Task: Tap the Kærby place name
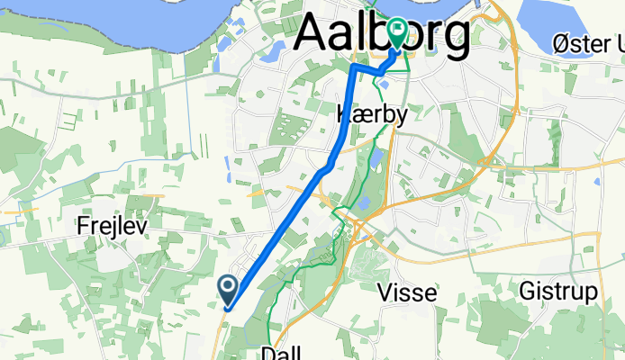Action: [x=372, y=115]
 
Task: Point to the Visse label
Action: [x=406, y=292]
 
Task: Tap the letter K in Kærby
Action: [x=342, y=115]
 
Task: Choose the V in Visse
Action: [x=383, y=292]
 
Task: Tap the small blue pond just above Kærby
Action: [x=385, y=85]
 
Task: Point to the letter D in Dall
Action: [x=267, y=353]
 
